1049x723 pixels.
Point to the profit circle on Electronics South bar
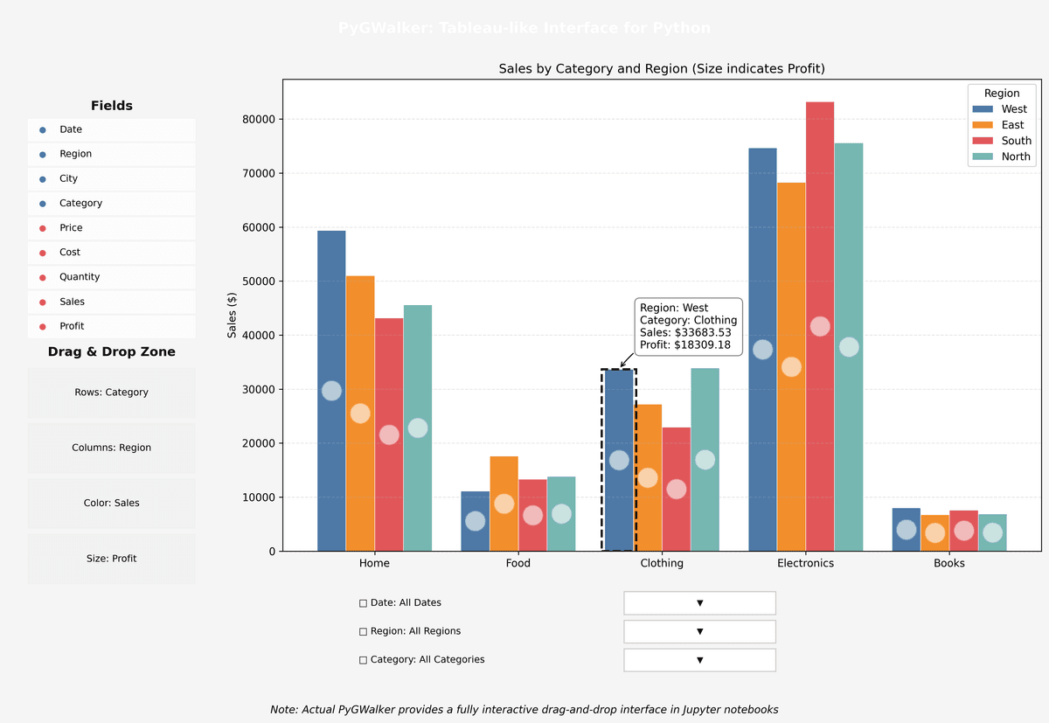coord(820,326)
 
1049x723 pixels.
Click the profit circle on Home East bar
coord(360,414)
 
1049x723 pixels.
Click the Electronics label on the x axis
coord(805,563)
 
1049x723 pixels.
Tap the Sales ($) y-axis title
coord(233,316)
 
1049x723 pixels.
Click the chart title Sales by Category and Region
coord(662,68)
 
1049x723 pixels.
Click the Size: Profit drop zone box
coord(112,559)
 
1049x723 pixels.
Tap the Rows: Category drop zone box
coord(112,393)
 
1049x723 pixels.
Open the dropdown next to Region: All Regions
coord(699,631)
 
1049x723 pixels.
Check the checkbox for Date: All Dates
coord(364,603)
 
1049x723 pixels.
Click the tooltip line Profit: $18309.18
coord(685,345)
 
